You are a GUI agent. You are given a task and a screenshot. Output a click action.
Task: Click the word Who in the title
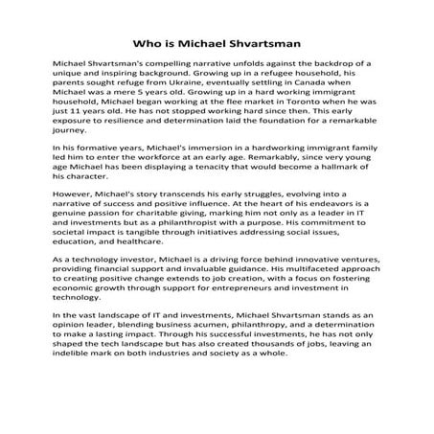(x=146, y=43)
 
